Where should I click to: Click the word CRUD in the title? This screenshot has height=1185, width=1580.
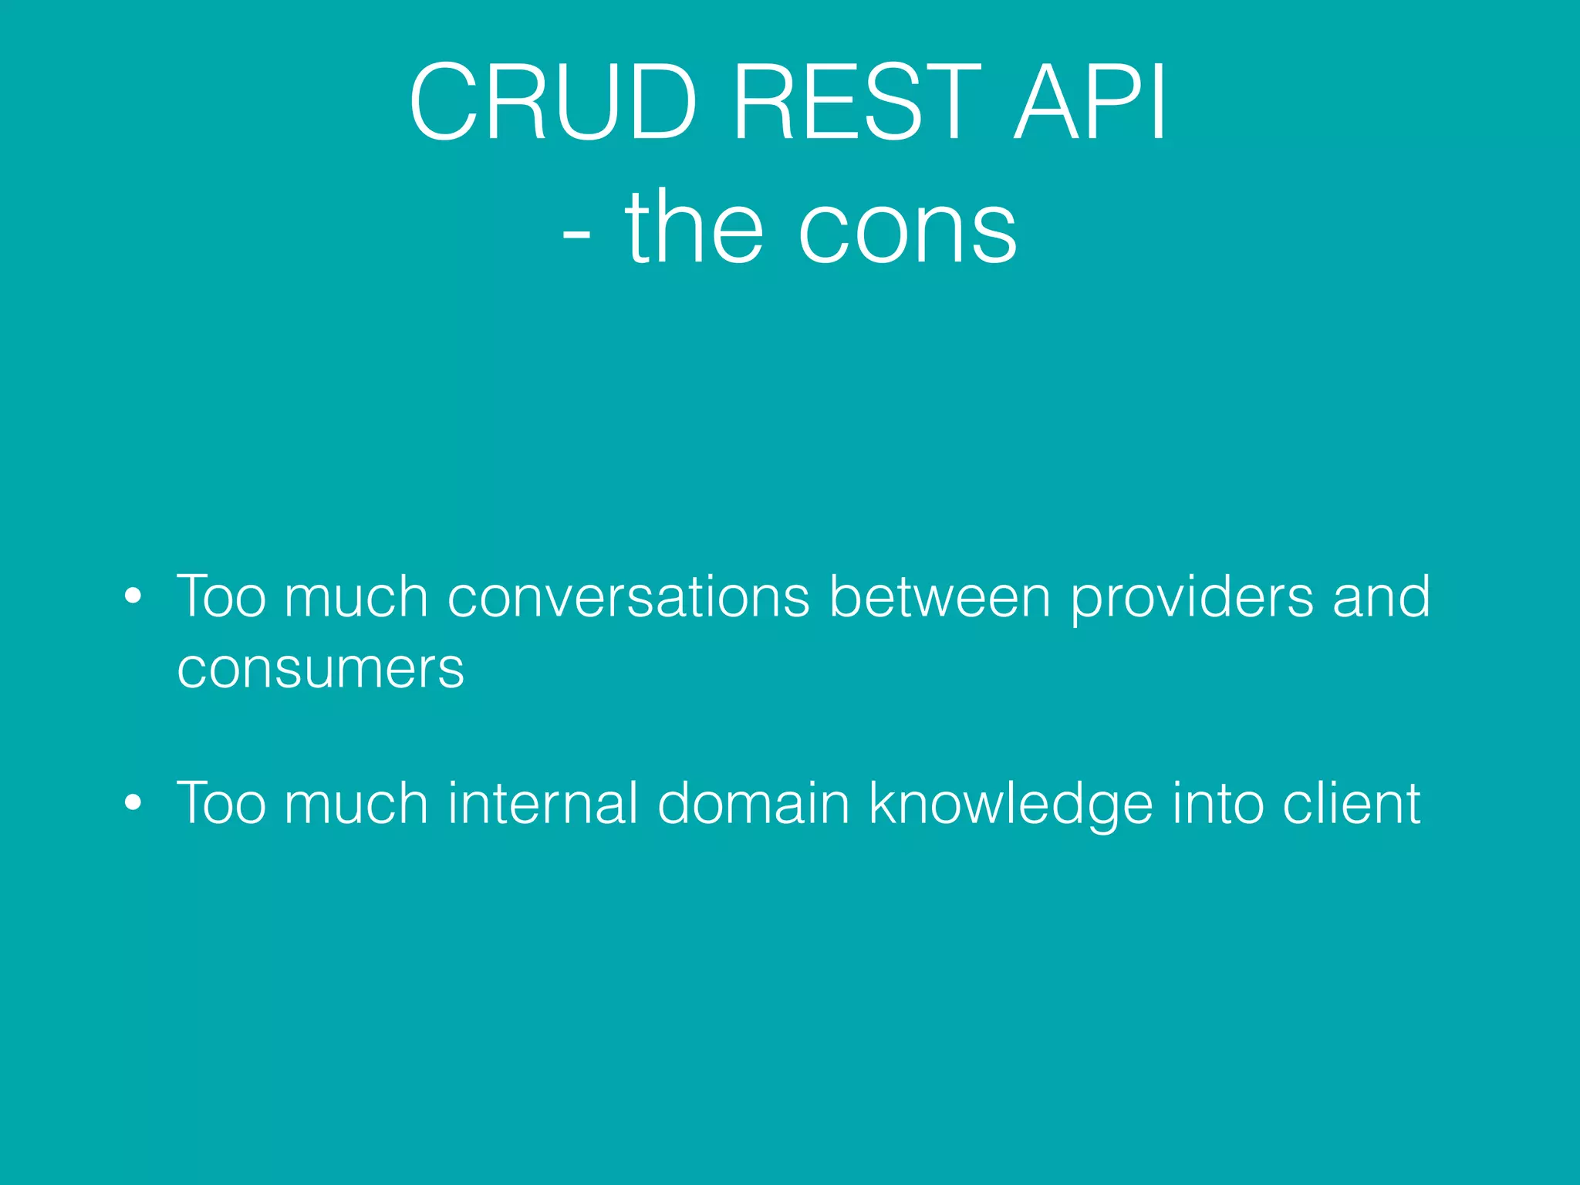552,103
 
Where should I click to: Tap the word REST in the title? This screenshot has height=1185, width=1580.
856,103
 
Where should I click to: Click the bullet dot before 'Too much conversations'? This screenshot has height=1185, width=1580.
133,597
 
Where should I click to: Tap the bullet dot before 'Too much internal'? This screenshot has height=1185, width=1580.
133,803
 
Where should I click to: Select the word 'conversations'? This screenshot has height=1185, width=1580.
628,597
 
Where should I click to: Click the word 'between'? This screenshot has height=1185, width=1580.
939,597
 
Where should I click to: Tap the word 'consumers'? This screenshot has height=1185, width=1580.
320,668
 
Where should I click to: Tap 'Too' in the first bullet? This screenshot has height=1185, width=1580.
221,597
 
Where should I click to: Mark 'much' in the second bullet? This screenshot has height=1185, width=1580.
356,803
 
